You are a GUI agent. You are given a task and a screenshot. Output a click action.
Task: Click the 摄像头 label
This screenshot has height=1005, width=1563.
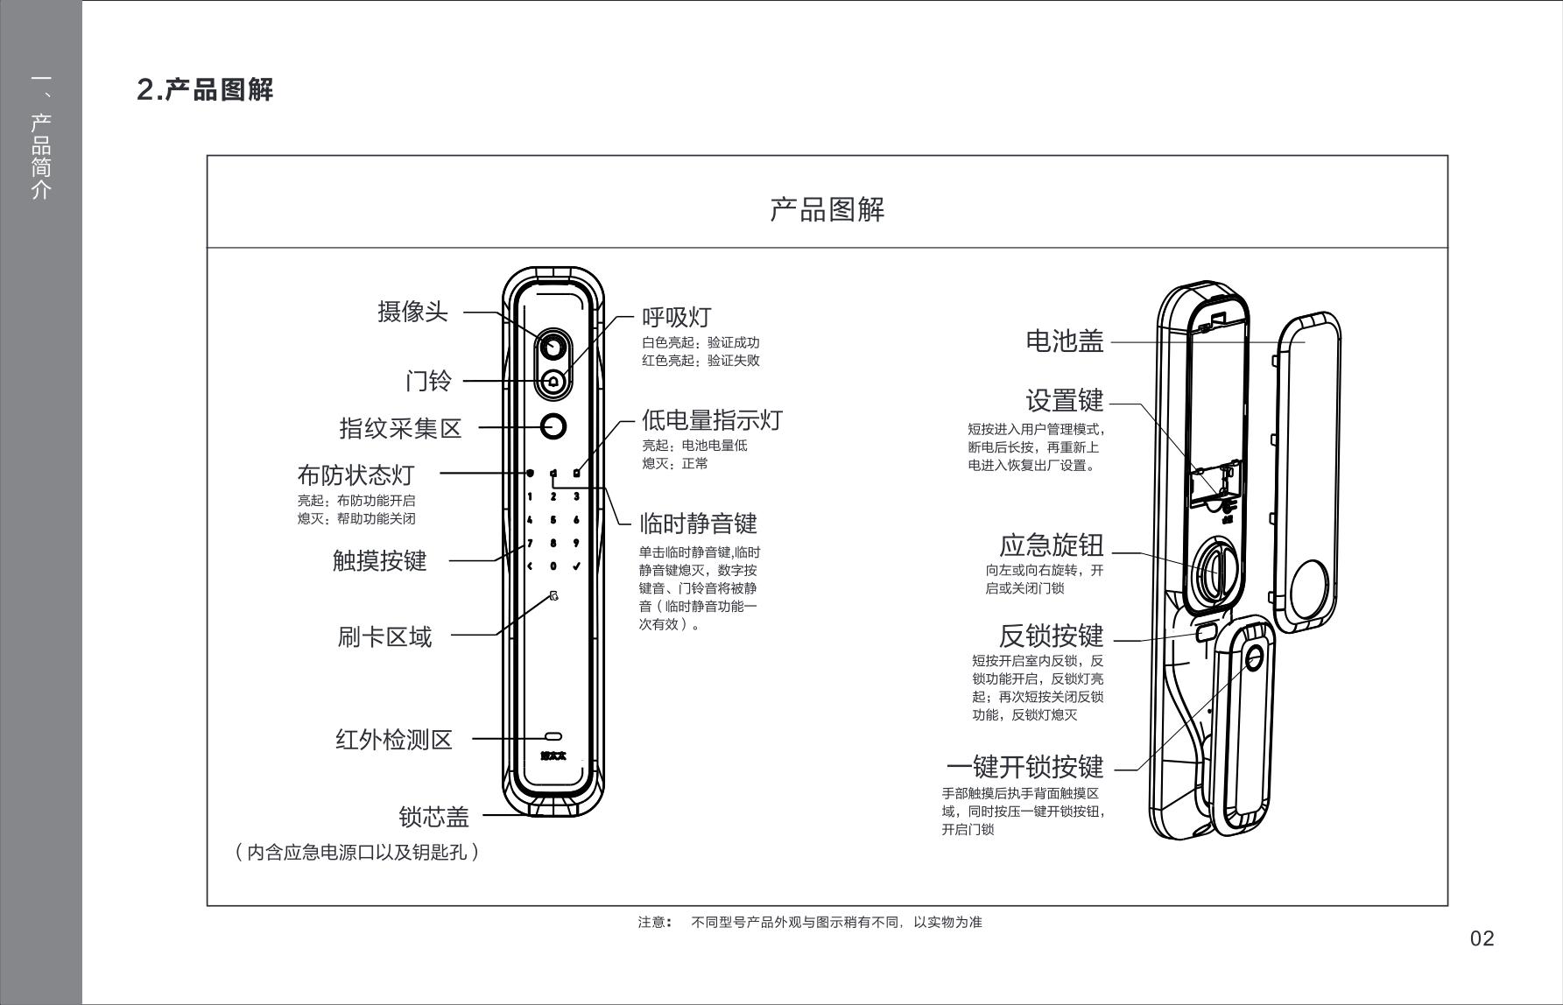[412, 312]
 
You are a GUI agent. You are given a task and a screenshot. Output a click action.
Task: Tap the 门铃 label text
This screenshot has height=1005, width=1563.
[428, 381]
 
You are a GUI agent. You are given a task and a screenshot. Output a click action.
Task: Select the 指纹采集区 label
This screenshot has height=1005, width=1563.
[400, 428]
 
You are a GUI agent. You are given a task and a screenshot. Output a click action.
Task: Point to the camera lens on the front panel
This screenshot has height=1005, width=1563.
[553, 347]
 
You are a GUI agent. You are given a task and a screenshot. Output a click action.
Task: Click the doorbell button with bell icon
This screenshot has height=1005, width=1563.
[553, 382]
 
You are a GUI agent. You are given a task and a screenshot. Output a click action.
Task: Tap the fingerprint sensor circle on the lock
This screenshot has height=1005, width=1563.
[553, 426]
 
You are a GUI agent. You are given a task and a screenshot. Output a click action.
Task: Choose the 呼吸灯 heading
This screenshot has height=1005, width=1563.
[676, 317]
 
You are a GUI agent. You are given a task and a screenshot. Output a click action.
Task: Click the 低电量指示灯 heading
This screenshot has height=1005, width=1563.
[711, 420]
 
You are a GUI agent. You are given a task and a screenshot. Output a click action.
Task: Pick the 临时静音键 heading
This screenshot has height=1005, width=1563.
[698, 524]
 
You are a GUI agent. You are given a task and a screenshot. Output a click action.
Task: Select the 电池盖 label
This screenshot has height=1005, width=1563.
[1064, 341]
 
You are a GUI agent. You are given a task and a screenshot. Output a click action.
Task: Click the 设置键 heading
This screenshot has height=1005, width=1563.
[1064, 401]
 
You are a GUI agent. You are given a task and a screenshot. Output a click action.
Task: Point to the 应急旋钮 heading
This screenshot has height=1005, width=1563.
[1051, 545]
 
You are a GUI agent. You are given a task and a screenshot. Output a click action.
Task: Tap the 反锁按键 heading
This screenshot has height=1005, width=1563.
[1051, 636]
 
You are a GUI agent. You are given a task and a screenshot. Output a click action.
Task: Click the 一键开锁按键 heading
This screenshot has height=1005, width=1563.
[1024, 767]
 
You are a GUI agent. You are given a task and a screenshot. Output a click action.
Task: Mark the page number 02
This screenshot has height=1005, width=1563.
[1482, 938]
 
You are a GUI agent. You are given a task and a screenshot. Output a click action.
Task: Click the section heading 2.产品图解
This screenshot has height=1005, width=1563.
[205, 89]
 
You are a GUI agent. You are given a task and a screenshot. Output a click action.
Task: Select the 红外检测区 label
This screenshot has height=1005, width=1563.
[394, 740]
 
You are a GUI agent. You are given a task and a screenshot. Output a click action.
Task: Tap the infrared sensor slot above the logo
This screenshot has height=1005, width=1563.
[553, 737]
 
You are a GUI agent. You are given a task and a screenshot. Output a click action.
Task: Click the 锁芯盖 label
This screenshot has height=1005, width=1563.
[433, 817]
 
